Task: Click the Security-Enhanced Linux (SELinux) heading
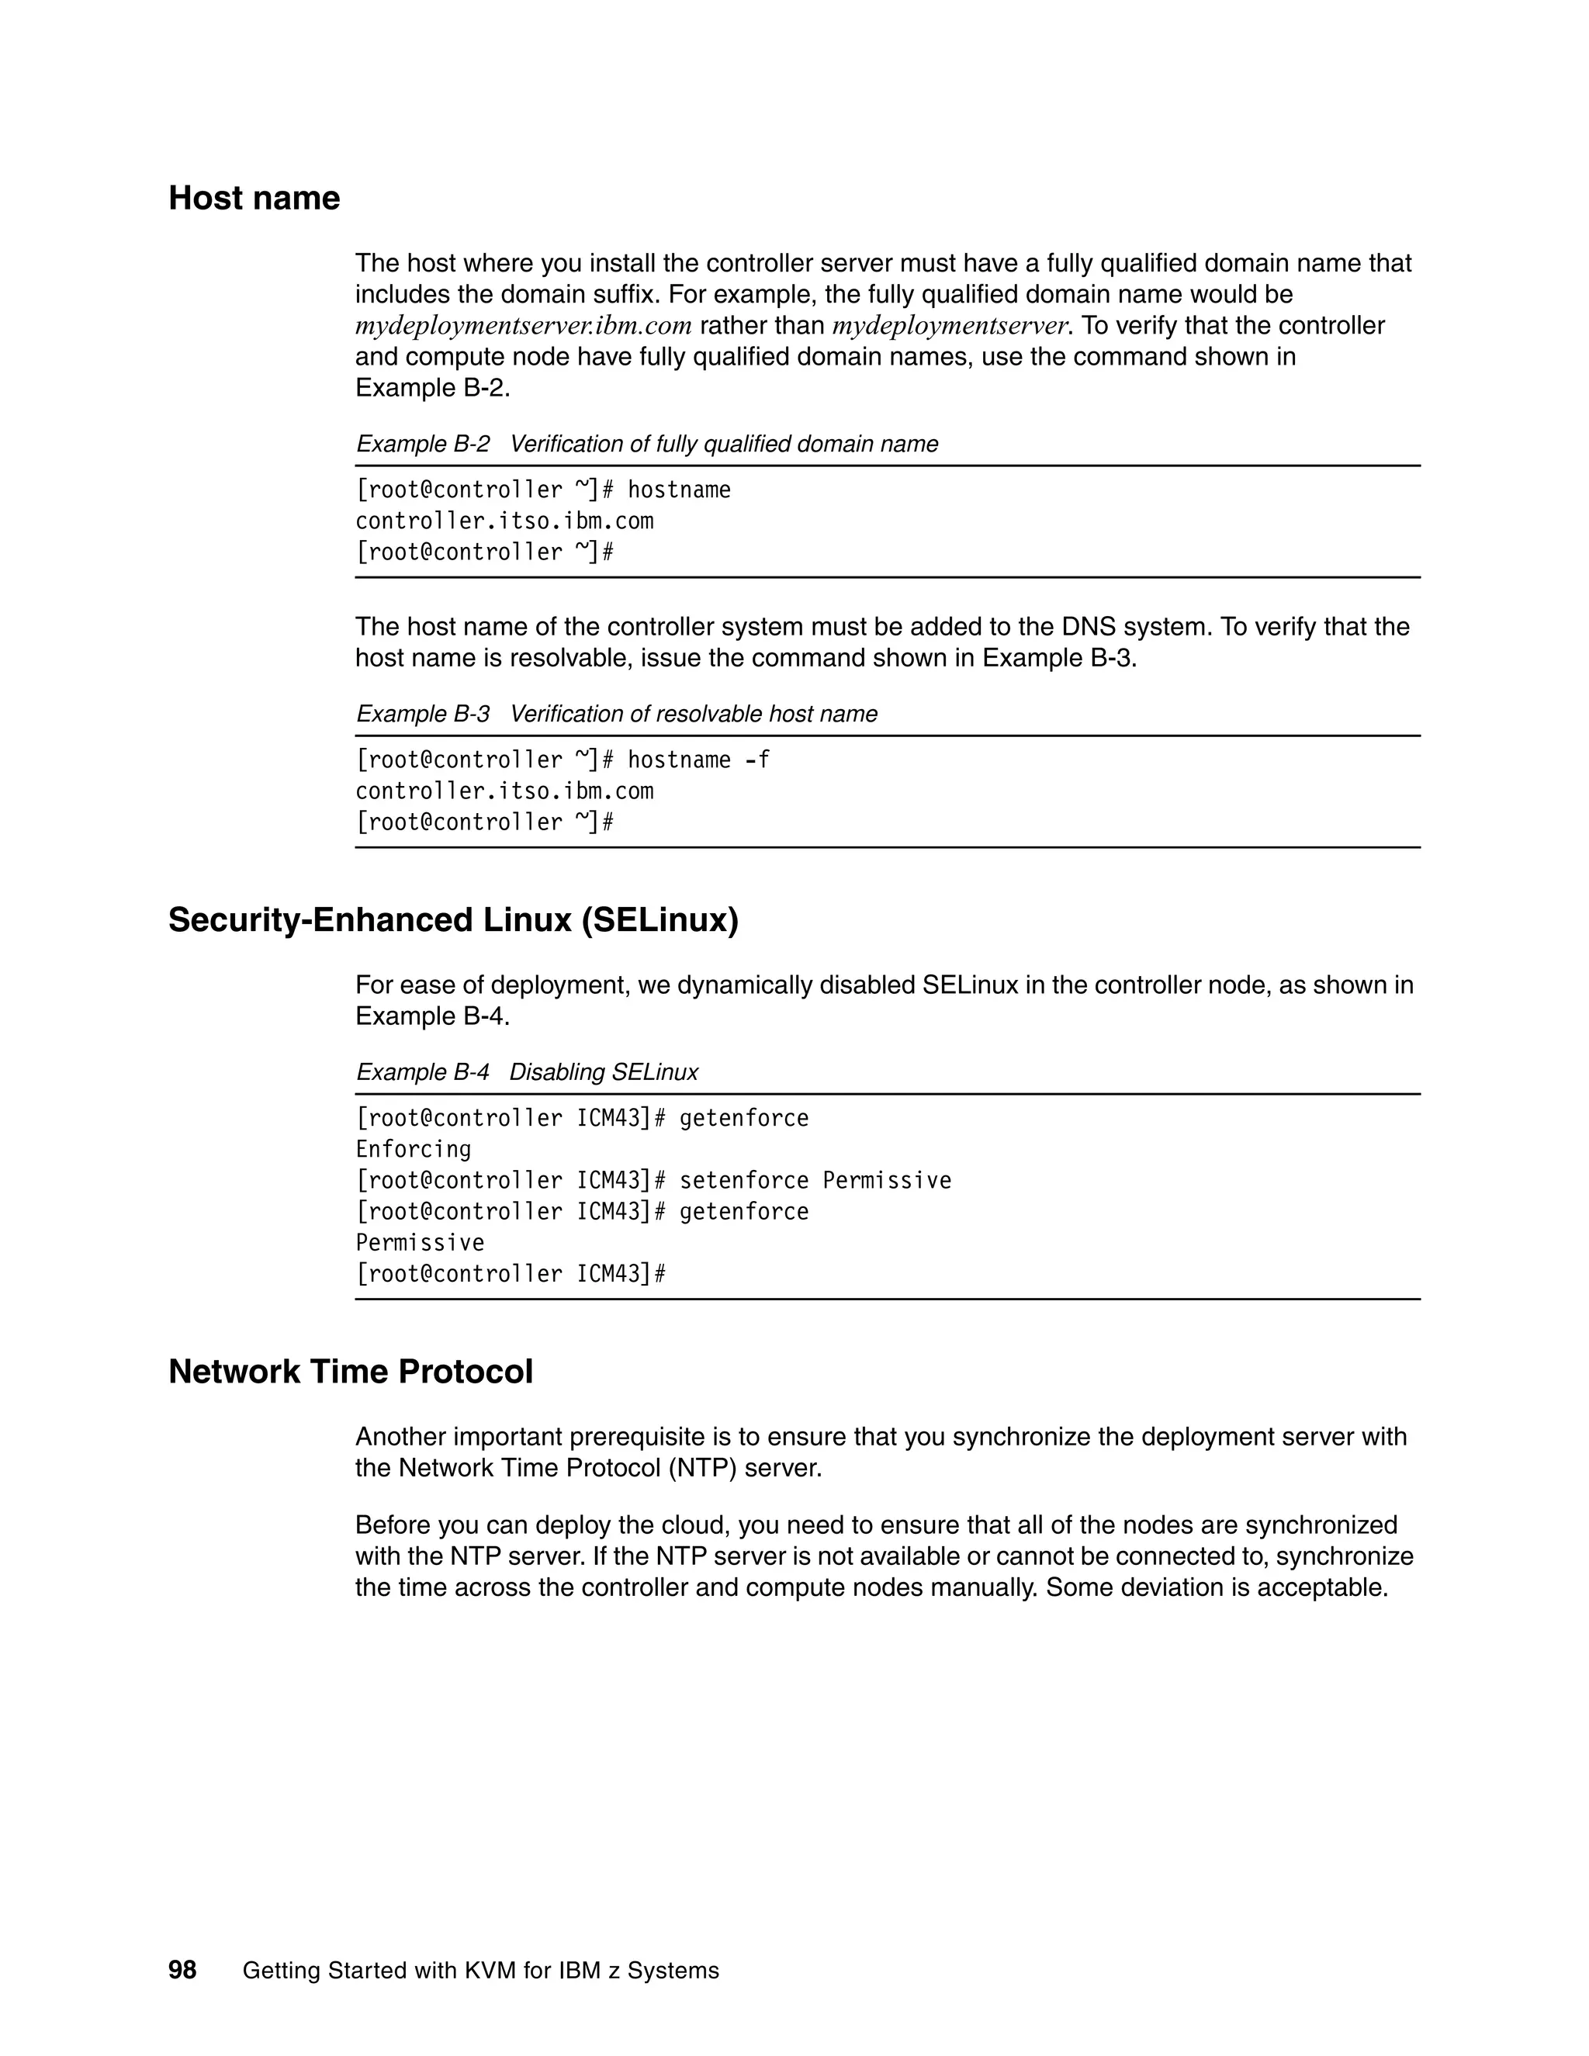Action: pos(453,919)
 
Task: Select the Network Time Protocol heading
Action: pos(350,1372)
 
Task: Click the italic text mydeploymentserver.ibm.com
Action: pos(524,326)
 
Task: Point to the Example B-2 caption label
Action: pos(423,445)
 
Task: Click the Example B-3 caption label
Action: pos(423,715)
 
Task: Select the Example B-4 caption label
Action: pos(423,1072)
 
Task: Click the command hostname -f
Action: pos(698,760)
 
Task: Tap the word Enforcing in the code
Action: pos(414,1150)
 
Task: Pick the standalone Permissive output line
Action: pos(420,1243)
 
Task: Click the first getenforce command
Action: pos(743,1118)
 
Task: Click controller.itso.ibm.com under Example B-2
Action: pos(504,521)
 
